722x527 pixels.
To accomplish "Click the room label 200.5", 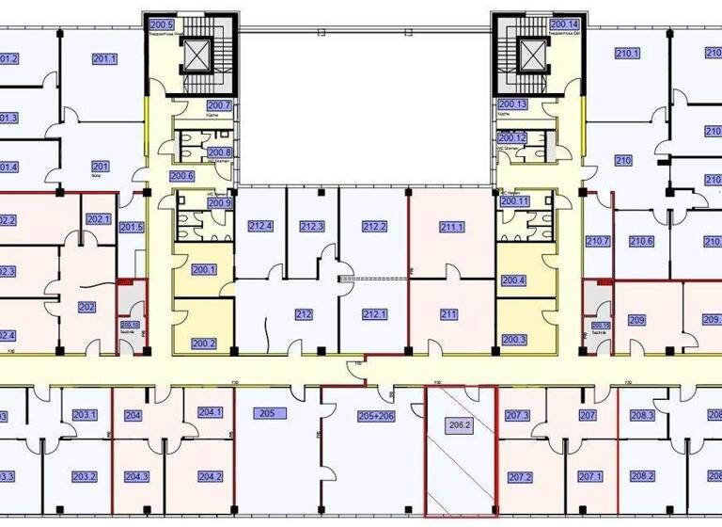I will click(162, 25).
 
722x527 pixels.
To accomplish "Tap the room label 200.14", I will click(564, 25).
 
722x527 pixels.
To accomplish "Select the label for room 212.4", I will click(260, 226).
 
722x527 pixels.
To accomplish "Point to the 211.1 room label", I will click(453, 226).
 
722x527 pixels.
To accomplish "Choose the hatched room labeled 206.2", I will click(461, 424).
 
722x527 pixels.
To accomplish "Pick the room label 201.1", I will click(104, 59).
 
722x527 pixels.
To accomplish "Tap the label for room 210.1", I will click(626, 54).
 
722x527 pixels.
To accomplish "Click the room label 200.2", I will click(204, 343).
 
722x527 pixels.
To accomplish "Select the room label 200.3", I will click(513, 339).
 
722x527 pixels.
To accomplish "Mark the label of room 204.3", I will click(137, 476).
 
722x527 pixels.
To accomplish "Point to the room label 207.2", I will click(520, 477).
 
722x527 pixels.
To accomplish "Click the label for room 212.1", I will click(375, 314).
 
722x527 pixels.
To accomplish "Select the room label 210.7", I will click(598, 242).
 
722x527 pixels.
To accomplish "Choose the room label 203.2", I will click(86, 476).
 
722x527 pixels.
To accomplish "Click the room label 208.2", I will click(642, 476).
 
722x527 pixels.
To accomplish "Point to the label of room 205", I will click(266, 413).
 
